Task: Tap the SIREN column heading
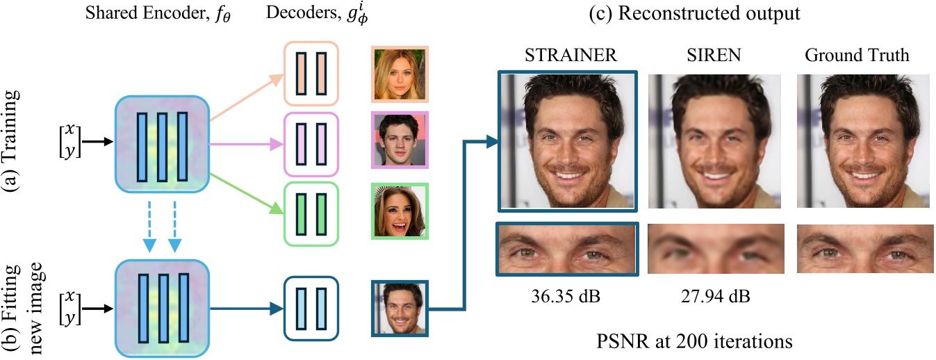coord(716,56)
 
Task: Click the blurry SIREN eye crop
coord(716,249)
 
